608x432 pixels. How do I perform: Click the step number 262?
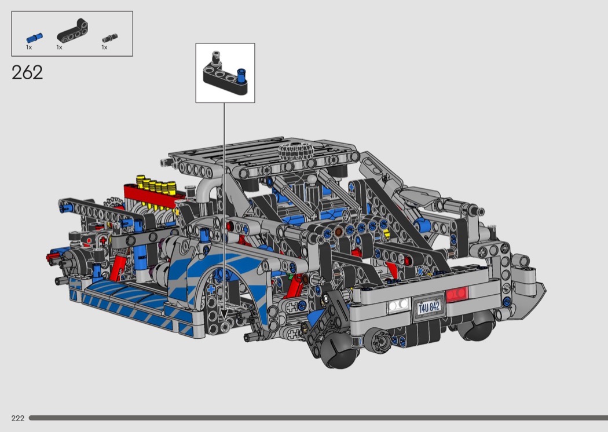click(27, 72)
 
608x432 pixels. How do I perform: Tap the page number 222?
click(18, 418)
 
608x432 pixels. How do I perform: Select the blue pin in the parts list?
click(35, 38)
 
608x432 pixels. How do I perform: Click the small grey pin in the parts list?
click(110, 38)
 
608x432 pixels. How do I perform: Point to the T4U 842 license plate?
click(428, 307)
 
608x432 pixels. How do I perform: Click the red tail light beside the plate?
click(458, 294)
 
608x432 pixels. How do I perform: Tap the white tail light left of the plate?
click(398, 305)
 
